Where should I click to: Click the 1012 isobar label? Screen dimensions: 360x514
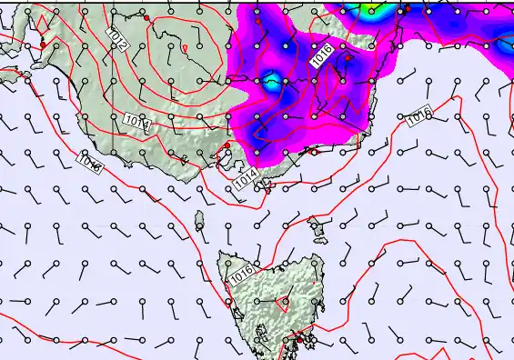point(116,39)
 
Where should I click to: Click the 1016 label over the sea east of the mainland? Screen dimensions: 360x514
point(418,115)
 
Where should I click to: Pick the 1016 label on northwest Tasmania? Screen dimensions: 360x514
point(242,272)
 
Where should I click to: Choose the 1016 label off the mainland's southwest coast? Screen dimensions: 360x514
point(90,163)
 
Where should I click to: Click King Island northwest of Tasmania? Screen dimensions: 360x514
point(199,218)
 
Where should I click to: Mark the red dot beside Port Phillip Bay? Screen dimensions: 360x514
point(227,145)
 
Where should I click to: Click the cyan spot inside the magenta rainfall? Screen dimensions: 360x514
point(271,81)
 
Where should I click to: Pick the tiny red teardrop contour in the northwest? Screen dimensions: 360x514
point(186,47)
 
